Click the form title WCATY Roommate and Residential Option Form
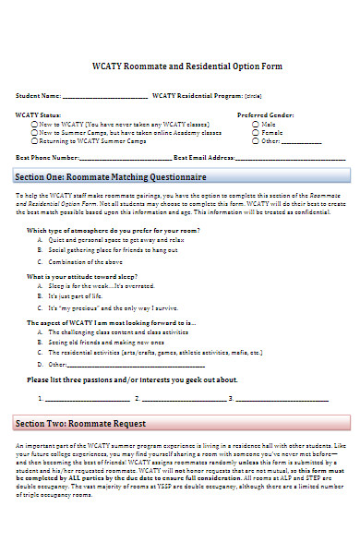180,66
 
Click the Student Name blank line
104,96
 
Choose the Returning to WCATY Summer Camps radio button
35,141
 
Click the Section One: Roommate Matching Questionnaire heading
111,176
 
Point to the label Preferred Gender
266,114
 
